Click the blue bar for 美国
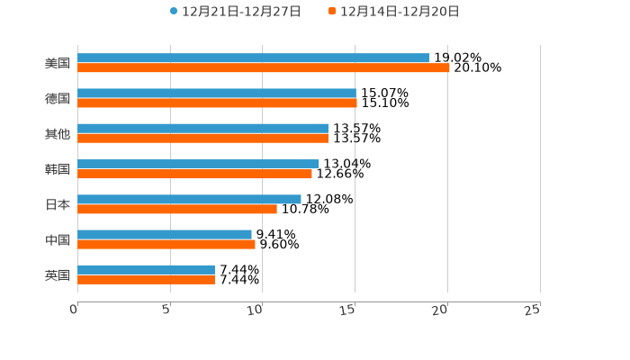click(x=254, y=58)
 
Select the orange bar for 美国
click(x=264, y=67)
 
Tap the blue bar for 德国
click(x=217, y=93)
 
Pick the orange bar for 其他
click(x=202, y=138)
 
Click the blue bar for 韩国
click(x=198, y=164)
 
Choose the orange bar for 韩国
click(x=194, y=174)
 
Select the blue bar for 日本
click(x=189, y=199)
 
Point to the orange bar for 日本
click(x=177, y=209)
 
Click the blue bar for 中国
click(x=165, y=234)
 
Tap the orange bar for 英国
click(x=146, y=279)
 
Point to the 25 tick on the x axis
click(x=533, y=310)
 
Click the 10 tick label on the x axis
click(x=256, y=310)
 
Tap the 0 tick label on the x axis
click(x=74, y=310)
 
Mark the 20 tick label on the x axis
click(x=440, y=310)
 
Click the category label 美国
click(x=58, y=63)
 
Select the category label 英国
click(x=58, y=274)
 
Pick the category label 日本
click(x=58, y=204)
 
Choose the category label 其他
click(x=58, y=133)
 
